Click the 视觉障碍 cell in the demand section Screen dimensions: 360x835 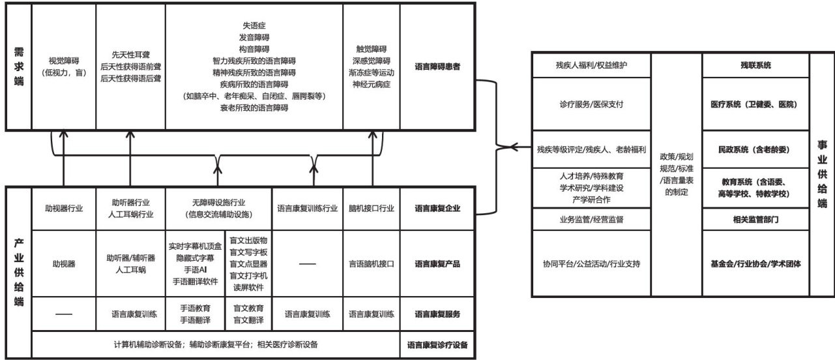[x=63, y=67]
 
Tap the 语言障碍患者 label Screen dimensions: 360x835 [x=437, y=67]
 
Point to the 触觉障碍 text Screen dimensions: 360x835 [x=371, y=49]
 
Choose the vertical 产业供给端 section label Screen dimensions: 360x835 [x=18, y=272]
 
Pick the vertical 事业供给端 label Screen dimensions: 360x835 [x=821, y=175]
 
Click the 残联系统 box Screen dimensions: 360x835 [x=755, y=66]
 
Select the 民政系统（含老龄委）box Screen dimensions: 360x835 [x=755, y=149]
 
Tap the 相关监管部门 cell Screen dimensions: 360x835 [x=755, y=220]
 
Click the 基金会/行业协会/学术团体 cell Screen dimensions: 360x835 [x=755, y=264]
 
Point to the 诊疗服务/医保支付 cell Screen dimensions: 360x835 [x=592, y=104]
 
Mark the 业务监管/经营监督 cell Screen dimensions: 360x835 [x=592, y=220]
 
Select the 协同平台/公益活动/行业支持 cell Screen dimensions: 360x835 [x=592, y=264]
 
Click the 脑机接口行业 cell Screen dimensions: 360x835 [x=371, y=209]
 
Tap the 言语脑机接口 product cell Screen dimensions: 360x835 [x=371, y=264]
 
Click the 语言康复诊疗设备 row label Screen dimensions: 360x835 [x=437, y=344]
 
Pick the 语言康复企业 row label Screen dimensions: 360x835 [x=437, y=209]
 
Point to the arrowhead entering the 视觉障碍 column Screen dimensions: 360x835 [x=63, y=133]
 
